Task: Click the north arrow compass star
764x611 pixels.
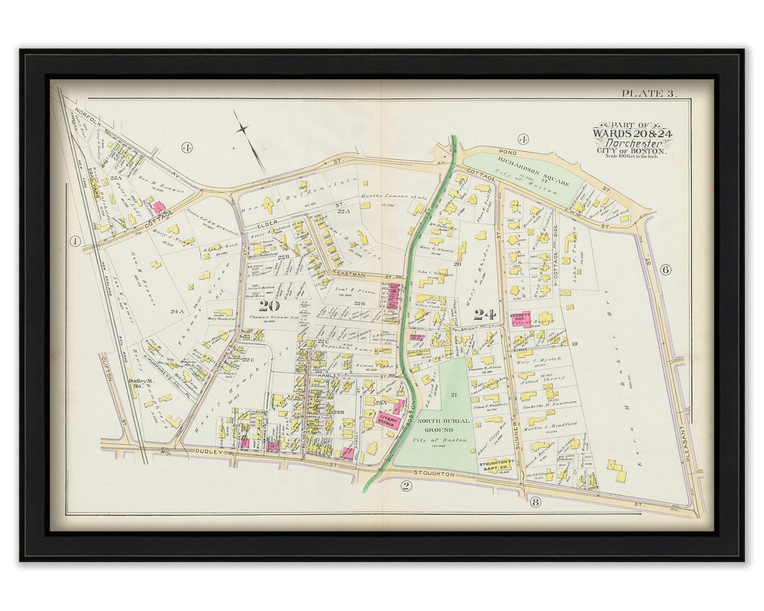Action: (x=243, y=129)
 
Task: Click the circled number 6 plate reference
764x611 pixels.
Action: (x=665, y=269)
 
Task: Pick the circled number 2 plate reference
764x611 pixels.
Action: (x=406, y=485)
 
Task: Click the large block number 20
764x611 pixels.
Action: (x=269, y=305)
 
